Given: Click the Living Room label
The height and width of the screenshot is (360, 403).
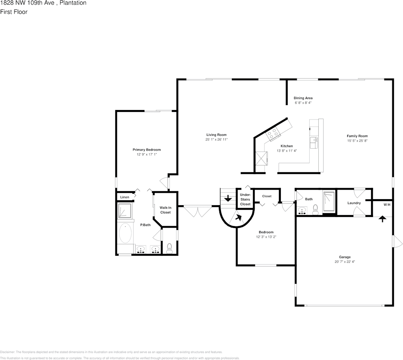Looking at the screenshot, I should [216, 135].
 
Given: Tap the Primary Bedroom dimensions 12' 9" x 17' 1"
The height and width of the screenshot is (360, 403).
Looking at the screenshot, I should [146, 154].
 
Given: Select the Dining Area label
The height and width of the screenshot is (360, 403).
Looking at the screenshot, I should [303, 98].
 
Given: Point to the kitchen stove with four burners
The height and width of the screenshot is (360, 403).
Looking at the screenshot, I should [272, 133].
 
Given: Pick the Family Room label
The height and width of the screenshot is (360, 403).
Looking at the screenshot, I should [357, 136].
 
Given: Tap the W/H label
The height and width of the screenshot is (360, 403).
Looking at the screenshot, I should [387, 205].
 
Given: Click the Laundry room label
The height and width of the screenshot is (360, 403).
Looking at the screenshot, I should [354, 203].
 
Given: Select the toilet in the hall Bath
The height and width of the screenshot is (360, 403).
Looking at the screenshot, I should [315, 210].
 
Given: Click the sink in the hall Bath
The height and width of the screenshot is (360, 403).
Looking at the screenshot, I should [302, 210].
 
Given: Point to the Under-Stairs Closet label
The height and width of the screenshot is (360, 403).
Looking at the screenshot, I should [245, 199].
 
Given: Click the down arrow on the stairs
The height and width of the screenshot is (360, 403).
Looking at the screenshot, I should [228, 198].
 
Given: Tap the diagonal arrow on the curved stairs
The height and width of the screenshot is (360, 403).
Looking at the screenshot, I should [238, 217].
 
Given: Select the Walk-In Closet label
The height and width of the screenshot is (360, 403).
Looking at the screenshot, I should [165, 210].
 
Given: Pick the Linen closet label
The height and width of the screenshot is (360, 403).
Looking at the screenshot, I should [125, 197].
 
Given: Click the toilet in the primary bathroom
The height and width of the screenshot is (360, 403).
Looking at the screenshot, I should [169, 248].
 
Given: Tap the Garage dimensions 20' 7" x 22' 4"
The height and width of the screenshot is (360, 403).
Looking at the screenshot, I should [345, 261].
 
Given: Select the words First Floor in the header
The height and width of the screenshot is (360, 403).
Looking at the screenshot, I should [14, 12].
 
